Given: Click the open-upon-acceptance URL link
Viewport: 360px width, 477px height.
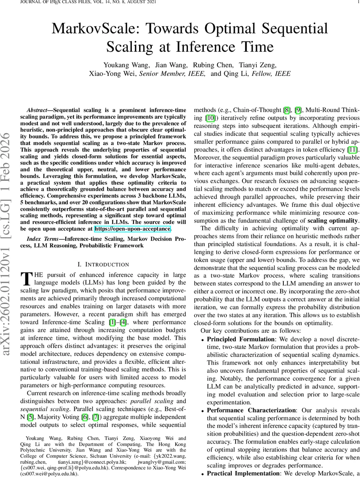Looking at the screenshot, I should click(x=132, y=229).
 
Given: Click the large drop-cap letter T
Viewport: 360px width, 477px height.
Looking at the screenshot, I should click(x=25, y=279).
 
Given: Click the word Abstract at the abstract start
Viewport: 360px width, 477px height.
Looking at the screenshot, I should click(x=39, y=110).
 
